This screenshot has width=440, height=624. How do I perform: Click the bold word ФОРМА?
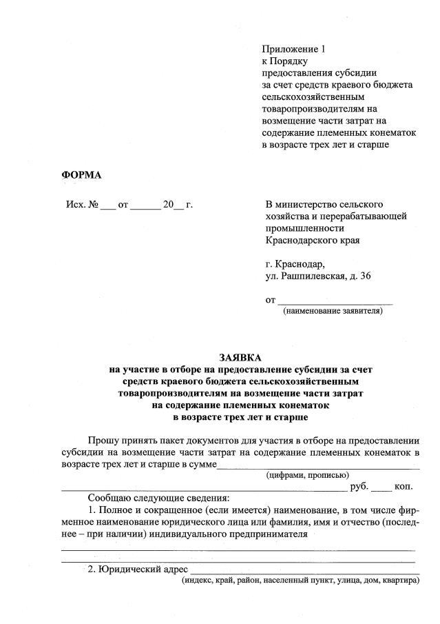pos(81,174)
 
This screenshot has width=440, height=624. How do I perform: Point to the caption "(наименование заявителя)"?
pos(333,311)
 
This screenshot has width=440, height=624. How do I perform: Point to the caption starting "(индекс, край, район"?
pos(300,581)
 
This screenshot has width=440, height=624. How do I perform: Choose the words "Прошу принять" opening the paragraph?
pos(121,441)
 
